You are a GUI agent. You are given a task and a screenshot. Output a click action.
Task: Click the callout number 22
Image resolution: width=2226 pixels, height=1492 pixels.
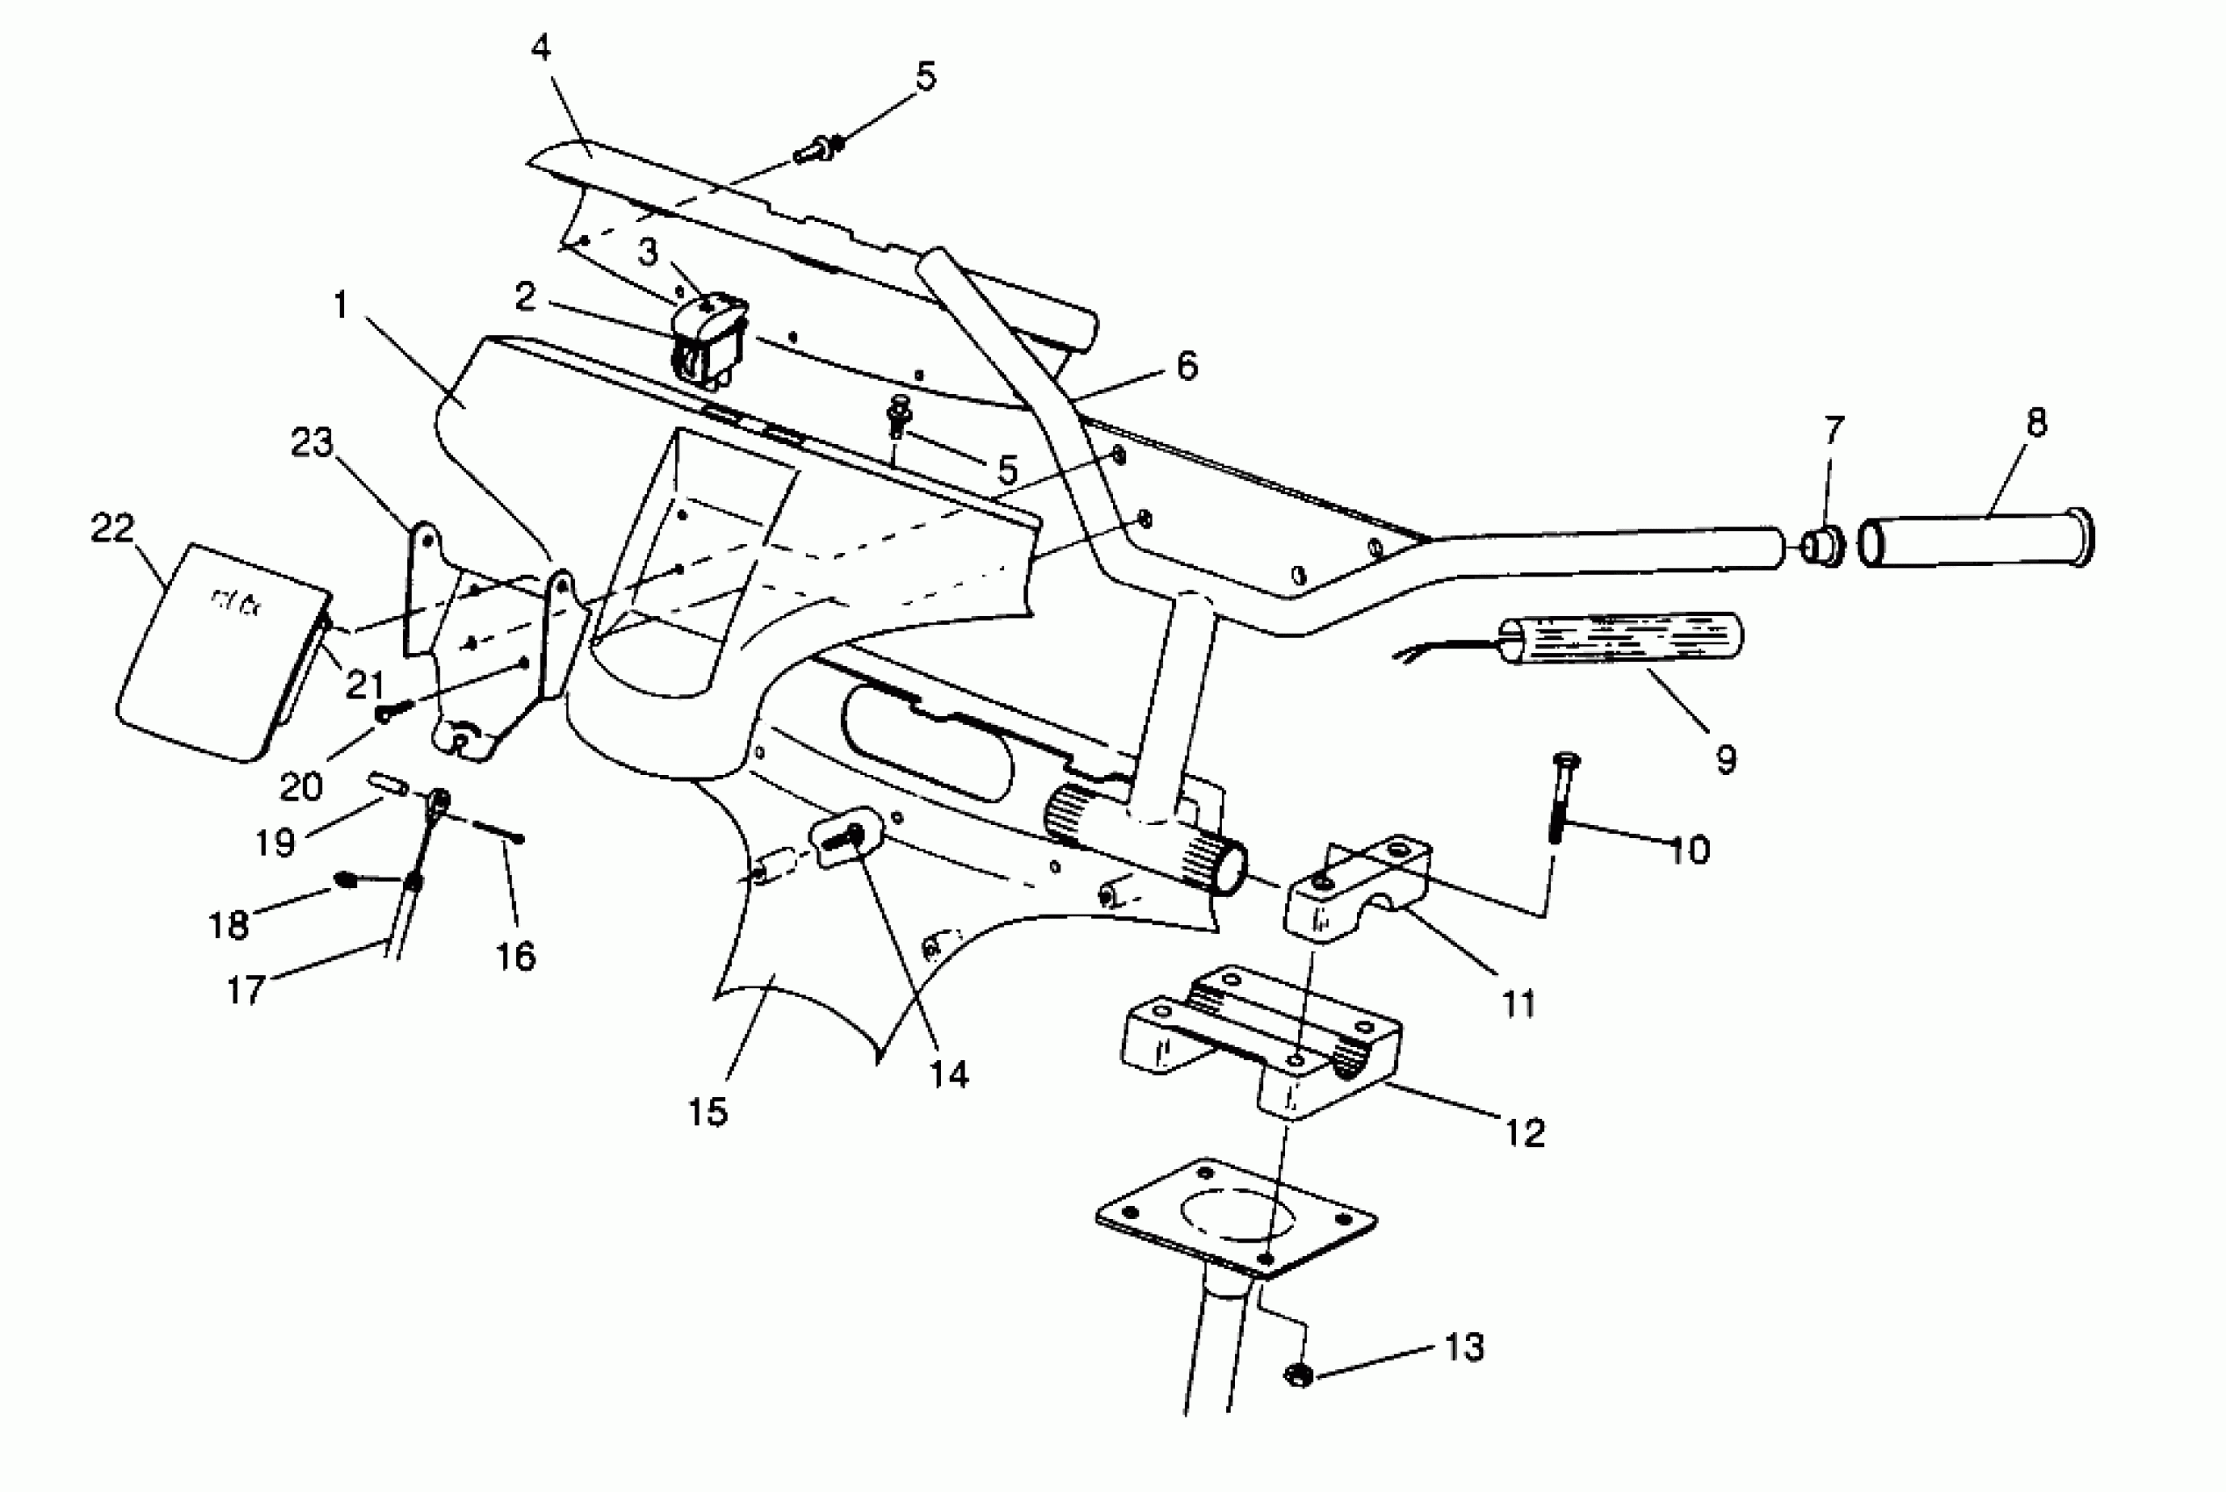[x=112, y=528]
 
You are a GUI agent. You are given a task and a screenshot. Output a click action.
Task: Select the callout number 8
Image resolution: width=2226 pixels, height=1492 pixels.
[x=2036, y=422]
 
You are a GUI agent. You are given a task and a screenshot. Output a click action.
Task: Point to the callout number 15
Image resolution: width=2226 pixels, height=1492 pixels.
[x=707, y=1111]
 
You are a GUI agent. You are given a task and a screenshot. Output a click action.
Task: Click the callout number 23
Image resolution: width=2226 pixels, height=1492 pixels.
[x=312, y=442]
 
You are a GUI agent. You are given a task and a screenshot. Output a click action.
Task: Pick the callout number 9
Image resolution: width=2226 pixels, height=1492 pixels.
[x=1726, y=759]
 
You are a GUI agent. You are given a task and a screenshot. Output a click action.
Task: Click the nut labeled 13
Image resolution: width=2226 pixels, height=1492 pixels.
[x=1298, y=1375]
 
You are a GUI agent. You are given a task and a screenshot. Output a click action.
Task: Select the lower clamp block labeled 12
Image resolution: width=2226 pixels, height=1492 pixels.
[x=1266, y=1042]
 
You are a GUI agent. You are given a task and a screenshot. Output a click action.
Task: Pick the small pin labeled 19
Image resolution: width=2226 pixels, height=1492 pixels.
[x=388, y=786]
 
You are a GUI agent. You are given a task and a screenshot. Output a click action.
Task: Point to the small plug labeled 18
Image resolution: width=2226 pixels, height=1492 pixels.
[x=344, y=880]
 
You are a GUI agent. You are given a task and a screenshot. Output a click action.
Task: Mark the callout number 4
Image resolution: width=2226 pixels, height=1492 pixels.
[x=541, y=46]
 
